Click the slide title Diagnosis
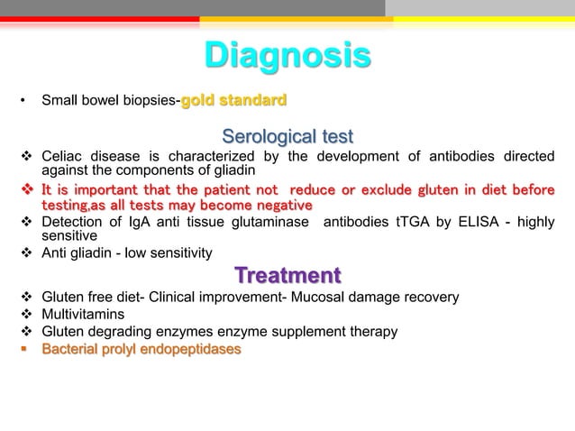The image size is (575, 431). pyautogui.click(x=287, y=56)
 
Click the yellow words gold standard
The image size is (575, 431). pyautogui.click(x=234, y=98)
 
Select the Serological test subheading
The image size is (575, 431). pyautogui.click(x=287, y=137)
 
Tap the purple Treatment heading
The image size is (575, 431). pyautogui.click(x=287, y=274)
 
